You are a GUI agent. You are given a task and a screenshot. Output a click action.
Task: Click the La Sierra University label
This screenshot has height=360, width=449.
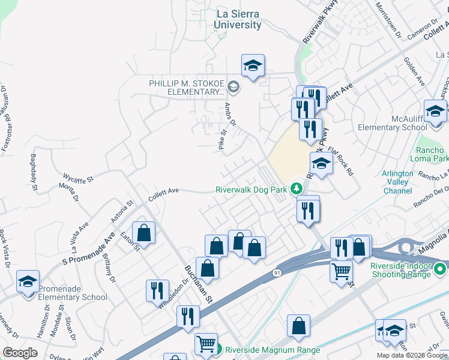[x=238, y=20]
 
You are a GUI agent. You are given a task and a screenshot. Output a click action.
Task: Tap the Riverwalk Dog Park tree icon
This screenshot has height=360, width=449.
[x=296, y=189]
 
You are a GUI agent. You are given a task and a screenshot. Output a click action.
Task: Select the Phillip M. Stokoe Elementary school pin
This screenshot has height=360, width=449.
[x=234, y=88]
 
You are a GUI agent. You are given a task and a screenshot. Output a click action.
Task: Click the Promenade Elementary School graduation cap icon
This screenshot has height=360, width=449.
[x=28, y=281]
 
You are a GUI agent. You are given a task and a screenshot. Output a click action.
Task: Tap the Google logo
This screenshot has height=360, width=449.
[x=20, y=353]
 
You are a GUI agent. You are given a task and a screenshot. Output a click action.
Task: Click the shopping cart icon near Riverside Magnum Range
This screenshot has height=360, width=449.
[x=206, y=344]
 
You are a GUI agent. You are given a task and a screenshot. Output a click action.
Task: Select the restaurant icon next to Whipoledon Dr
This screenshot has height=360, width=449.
[x=157, y=290]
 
